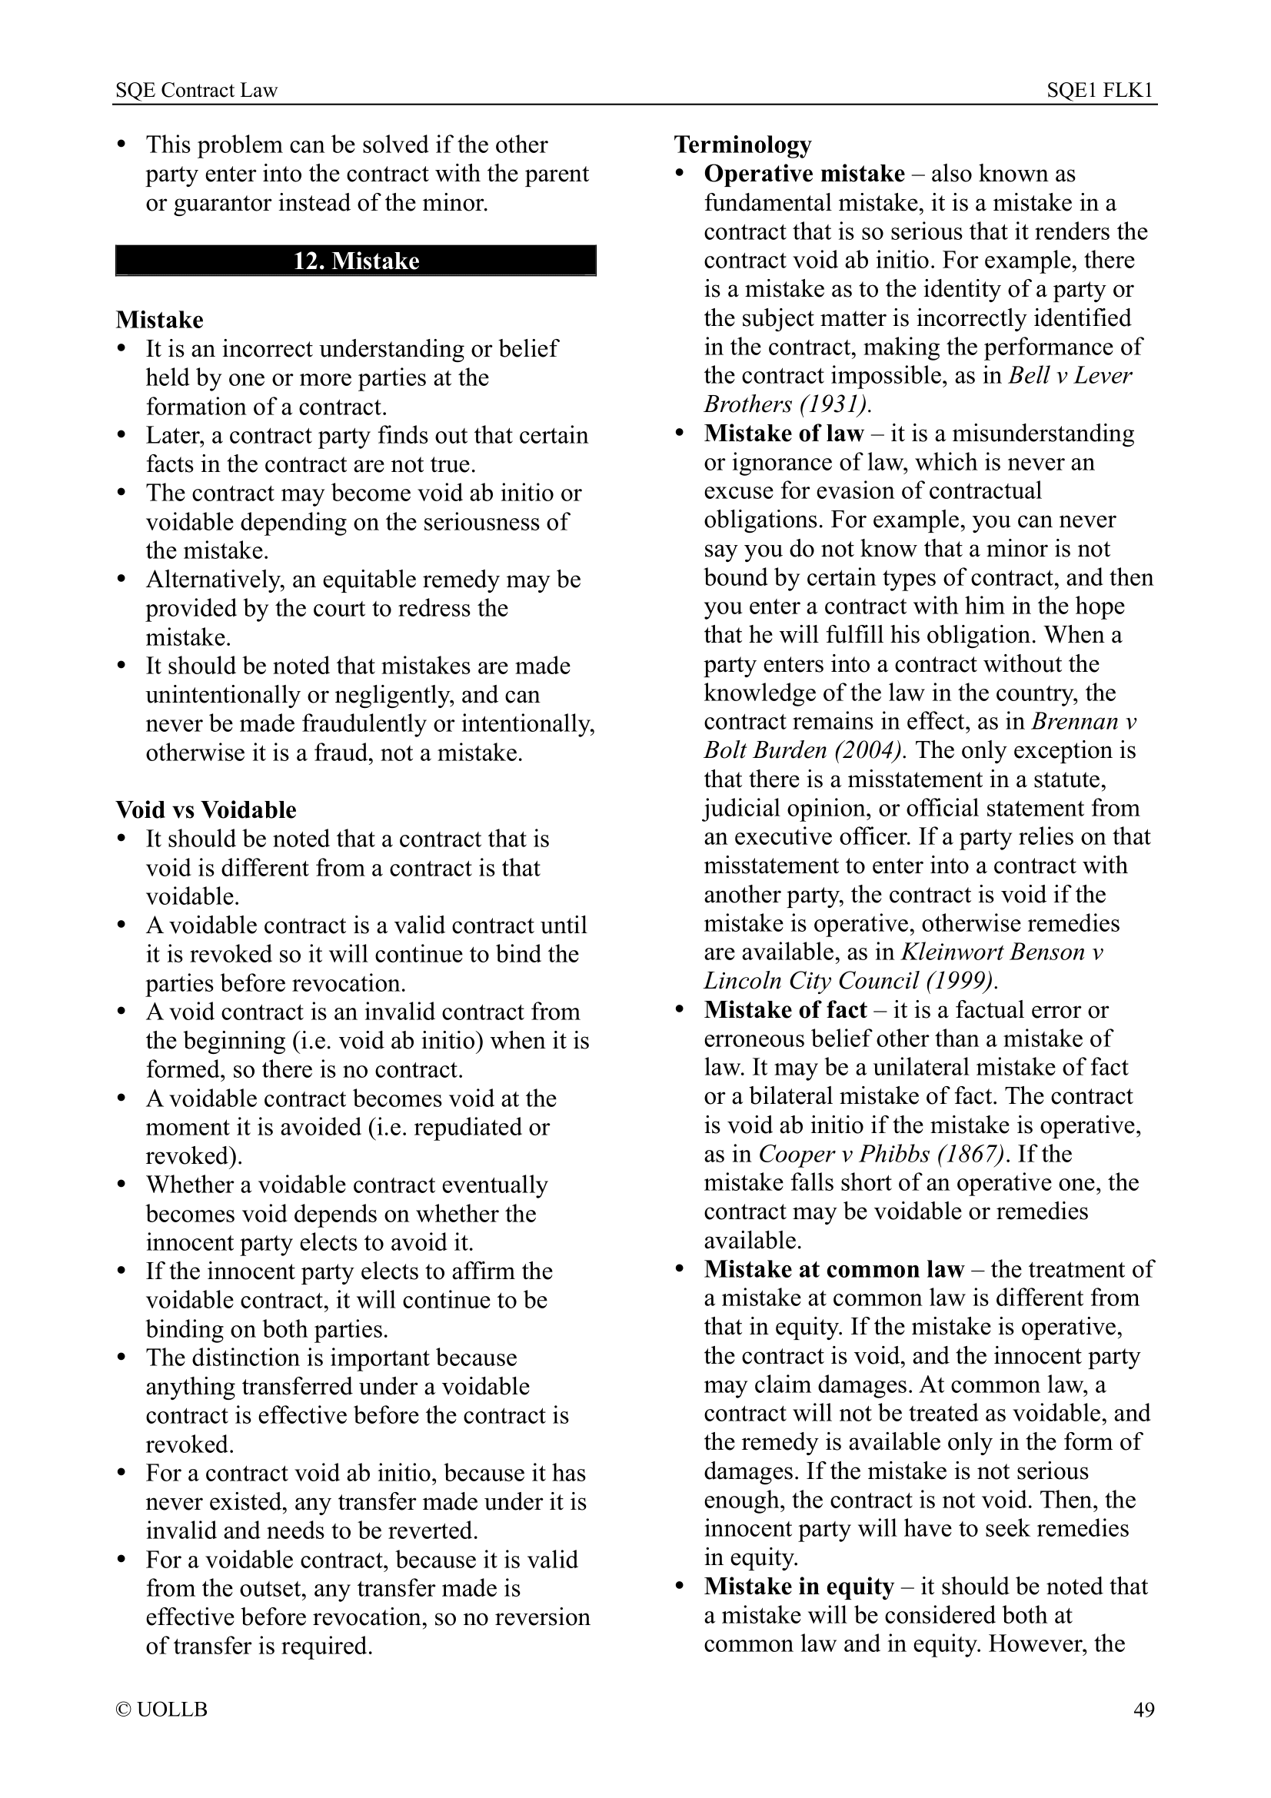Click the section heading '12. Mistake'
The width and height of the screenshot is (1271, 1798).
pos(355,261)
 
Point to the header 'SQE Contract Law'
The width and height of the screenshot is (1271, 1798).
pos(197,91)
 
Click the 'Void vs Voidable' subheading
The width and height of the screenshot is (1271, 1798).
pos(206,809)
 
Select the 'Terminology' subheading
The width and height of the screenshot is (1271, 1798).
pos(743,144)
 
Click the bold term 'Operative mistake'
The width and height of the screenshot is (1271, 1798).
pos(804,173)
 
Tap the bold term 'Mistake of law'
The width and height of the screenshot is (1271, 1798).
pos(783,433)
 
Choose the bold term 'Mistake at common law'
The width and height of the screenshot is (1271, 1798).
pos(833,1268)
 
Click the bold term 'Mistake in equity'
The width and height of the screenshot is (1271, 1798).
pos(799,1586)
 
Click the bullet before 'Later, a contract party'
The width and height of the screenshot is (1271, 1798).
pos(121,434)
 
